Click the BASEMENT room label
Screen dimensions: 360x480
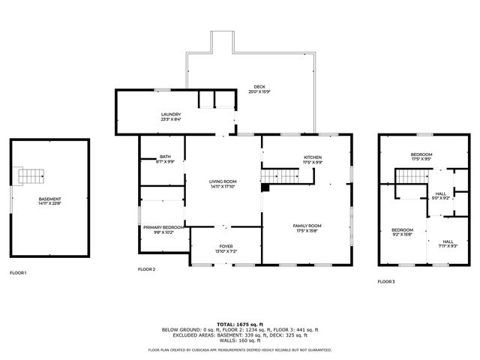[x=50, y=200]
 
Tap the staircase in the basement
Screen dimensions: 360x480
[x=31, y=176]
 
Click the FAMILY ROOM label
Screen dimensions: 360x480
[x=307, y=227]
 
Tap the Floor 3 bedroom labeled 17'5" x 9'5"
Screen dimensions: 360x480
[x=421, y=156]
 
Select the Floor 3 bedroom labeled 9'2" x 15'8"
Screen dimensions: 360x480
[x=402, y=232]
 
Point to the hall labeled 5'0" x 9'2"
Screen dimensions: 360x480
[x=442, y=196]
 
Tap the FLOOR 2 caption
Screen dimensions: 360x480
[x=146, y=269]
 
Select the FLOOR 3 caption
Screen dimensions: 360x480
[x=385, y=281]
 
